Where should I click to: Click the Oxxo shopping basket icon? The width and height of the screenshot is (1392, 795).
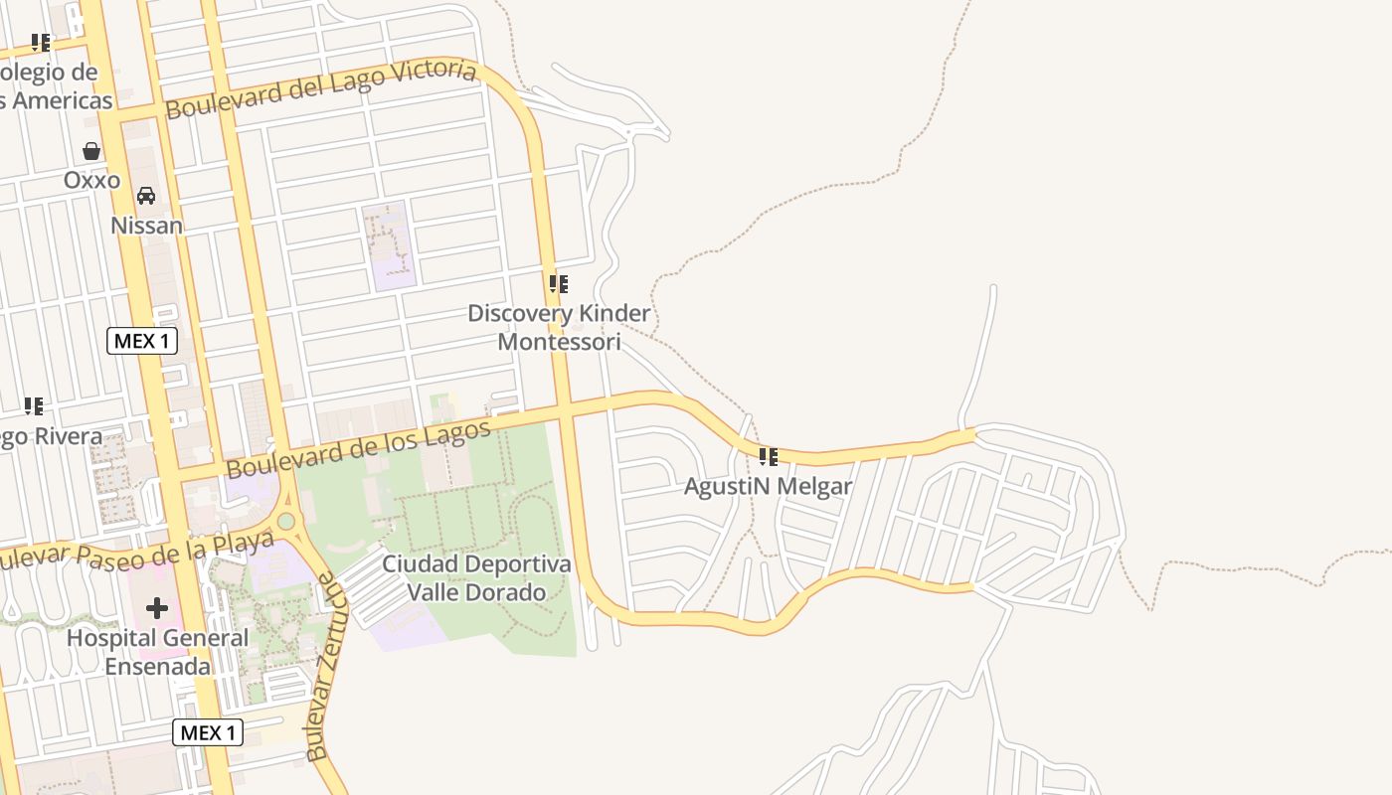click(x=91, y=151)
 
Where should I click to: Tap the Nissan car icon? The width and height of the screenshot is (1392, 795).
click(x=146, y=196)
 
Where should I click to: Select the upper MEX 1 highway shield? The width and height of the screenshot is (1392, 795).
click(x=141, y=341)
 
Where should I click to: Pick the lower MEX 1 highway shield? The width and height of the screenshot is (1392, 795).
click(x=208, y=733)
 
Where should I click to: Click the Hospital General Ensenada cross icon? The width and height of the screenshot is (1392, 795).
click(x=157, y=607)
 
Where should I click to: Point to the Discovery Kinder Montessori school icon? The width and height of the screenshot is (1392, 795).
click(x=559, y=284)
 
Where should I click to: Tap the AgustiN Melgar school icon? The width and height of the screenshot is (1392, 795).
click(x=768, y=457)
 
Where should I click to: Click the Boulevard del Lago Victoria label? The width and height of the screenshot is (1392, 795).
click(x=320, y=88)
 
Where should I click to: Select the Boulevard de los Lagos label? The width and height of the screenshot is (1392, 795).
click(x=358, y=448)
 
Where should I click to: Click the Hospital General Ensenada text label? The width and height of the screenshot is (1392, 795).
click(x=157, y=652)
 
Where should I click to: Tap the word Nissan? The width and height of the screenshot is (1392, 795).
click(x=146, y=226)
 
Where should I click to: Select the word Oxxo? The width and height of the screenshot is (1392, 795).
click(x=91, y=180)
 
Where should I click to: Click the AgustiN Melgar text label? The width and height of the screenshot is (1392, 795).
click(x=768, y=487)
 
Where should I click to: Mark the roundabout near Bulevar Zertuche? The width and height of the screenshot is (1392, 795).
click(x=286, y=521)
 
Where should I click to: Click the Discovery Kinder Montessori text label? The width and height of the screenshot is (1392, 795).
click(x=559, y=328)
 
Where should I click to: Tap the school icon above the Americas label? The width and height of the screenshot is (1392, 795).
click(x=41, y=43)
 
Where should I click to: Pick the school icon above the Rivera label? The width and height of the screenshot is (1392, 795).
click(x=34, y=406)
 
